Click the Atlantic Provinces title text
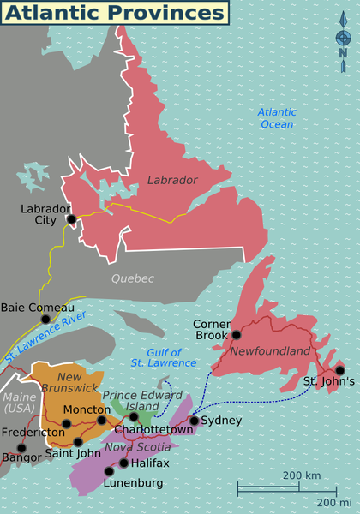[x=113, y=13]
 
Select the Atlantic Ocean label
[x=277, y=118]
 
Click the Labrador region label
[x=172, y=180]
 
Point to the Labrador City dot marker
[x=71, y=219]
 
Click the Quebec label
[x=132, y=278]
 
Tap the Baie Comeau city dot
[x=45, y=319]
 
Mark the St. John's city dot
[x=339, y=371]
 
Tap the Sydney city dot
[x=194, y=421]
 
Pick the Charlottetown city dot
[x=134, y=417]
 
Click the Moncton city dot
[x=102, y=420]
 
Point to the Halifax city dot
[x=123, y=463]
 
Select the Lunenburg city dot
[x=109, y=471]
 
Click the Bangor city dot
[x=21, y=447]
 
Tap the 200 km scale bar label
[x=301, y=475]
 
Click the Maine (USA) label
[x=19, y=403]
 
